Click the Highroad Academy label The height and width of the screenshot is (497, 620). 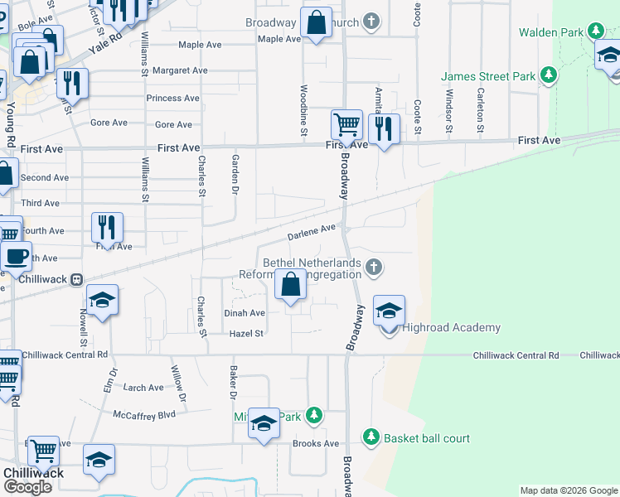tap(451, 328)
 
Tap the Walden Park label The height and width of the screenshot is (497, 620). tap(551, 32)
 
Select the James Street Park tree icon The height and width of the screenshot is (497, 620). tap(547, 76)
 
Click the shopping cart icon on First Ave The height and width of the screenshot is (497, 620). tap(346, 125)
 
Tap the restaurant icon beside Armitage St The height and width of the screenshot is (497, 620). tap(382, 128)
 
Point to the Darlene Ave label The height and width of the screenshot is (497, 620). tap(311, 232)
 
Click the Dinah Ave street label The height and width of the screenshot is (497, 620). tap(245, 313)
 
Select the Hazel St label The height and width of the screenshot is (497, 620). tap(246, 334)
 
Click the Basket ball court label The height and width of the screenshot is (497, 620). tap(427, 438)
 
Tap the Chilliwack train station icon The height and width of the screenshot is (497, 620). tap(76, 280)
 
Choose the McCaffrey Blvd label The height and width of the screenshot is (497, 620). tap(145, 414)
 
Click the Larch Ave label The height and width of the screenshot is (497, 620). tap(143, 388)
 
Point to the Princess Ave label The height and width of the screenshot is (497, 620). tap(172, 98)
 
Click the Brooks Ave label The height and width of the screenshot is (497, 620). tap(316, 444)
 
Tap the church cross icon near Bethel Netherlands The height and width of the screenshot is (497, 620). tap(374, 267)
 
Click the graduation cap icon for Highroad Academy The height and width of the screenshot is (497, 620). tap(389, 311)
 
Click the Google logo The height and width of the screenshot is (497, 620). tap(29, 487)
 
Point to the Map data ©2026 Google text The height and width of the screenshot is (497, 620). tap(568, 490)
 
